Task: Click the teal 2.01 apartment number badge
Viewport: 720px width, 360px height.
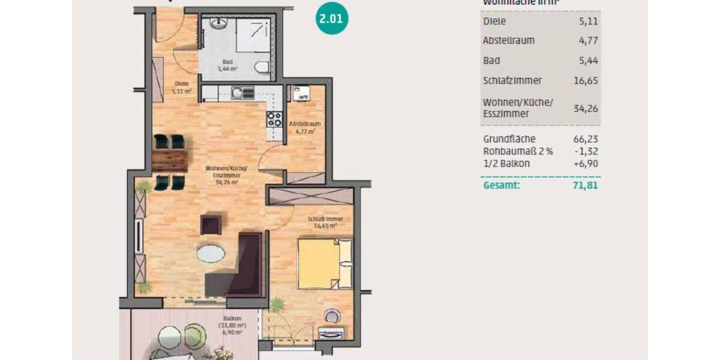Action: click(332, 19)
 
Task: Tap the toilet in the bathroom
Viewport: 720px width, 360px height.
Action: click(262, 67)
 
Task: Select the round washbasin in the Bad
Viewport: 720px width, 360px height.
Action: click(218, 25)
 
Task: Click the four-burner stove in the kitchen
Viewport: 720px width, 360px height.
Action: click(274, 119)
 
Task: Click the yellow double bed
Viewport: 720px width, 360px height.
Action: click(325, 264)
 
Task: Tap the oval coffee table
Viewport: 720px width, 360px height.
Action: click(211, 254)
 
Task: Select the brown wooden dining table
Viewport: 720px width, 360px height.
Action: click(170, 160)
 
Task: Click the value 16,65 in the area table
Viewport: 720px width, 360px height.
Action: click(586, 80)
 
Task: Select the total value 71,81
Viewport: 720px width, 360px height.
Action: click(586, 185)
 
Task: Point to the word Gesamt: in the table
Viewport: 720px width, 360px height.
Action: click(501, 185)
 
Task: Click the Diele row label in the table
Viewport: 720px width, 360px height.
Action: click(494, 22)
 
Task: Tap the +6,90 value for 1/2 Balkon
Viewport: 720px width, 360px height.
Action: click(586, 163)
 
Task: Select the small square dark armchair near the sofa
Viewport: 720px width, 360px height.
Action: click(211, 225)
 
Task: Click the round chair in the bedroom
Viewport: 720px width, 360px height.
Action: click(332, 316)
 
